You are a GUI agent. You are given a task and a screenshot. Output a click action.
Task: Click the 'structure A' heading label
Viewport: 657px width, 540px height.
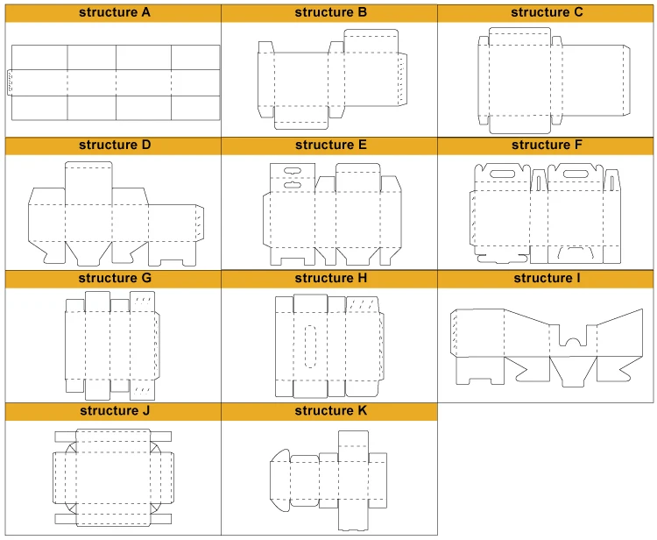pyautogui.click(x=115, y=12)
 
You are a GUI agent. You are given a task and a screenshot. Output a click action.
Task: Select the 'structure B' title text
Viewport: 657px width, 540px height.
pyautogui.click(x=330, y=12)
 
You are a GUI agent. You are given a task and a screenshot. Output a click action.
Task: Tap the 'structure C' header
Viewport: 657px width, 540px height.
pyautogui.click(x=547, y=12)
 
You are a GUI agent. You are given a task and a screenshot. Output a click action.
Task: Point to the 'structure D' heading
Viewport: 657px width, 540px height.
pyautogui.click(x=115, y=145)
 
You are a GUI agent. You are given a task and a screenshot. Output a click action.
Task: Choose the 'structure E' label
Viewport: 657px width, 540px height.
pyautogui.click(x=330, y=145)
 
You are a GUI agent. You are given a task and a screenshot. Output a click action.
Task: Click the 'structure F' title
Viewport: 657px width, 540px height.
pyautogui.click(x=547, y=145)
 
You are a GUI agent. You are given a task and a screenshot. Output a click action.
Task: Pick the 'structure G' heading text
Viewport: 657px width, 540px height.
pyautogui.click(x=115, y=278)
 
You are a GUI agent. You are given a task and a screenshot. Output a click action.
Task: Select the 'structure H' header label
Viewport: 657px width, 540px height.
pyautogui.click(x=330, y=278)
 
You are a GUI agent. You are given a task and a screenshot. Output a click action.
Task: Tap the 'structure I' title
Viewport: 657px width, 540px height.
pyautogui.click(x=547, y=278)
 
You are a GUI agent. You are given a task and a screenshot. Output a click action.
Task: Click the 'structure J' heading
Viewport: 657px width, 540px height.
pyautogui.click(x=115, y=410)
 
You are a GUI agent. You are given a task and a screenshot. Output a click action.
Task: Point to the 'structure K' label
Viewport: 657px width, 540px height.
pyautogui.click(x=330, y=410)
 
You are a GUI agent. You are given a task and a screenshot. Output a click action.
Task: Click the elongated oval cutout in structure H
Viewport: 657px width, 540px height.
pyautogui.click(x=310, y=346)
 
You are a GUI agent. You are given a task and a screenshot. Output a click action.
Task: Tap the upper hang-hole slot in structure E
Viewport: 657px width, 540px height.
pyautogui.click(x=292, y=171)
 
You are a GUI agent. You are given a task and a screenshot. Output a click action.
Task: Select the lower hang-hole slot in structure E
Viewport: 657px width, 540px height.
pyautogui.click(x=292, y=185)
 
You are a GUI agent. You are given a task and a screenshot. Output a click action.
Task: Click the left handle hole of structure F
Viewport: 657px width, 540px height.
pyautogui.click(x=503, y=174)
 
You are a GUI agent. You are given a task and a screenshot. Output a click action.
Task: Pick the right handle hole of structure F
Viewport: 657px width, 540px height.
pyautogui.click(x=576, y=174)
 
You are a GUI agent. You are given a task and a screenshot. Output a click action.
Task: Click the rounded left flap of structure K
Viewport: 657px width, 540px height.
pyautogui.click(x=280, y=480)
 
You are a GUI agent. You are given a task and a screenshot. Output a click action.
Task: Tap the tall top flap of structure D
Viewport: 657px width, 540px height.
pyautogui.click(x=88, y=183)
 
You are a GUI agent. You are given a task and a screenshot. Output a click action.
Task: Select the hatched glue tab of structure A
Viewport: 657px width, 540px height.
pyautogui.click(x=10, y=82)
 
